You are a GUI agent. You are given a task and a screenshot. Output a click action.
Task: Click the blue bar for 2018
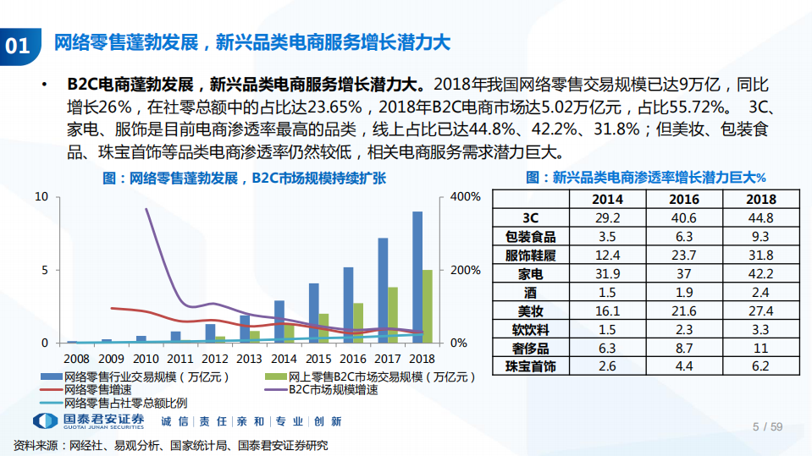[x=417, y=277]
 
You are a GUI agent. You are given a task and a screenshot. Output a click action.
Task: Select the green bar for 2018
[x=428, y=306]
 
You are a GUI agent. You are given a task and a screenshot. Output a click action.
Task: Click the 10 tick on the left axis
[x=41, y=197]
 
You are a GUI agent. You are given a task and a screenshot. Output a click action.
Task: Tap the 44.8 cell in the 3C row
[x=760, y=217]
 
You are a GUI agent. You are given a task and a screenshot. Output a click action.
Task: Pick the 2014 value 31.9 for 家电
[x=608, y=273]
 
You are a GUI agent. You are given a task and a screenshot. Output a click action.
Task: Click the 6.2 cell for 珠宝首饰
[x=760, y=366]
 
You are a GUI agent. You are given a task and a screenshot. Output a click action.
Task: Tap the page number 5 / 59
[x=767, y=426]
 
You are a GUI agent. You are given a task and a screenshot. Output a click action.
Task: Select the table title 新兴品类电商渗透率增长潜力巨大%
[x=645, y=178]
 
